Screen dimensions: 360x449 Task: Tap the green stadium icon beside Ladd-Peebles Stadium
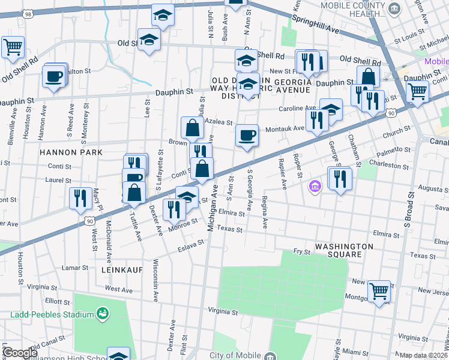point(103,314)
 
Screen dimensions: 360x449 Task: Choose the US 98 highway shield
point(28,13)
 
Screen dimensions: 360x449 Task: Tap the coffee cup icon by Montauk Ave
point(247,136)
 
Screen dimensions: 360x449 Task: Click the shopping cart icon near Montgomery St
point(379,292)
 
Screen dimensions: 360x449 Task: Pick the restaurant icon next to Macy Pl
point(80,198)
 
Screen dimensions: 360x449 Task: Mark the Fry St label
point(301,252)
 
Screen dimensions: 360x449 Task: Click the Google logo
point(20,353)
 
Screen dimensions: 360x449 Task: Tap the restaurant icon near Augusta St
point(340,178)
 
